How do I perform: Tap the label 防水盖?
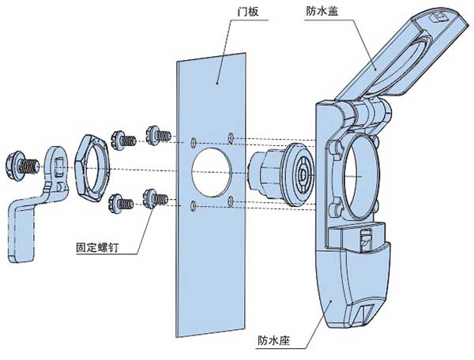pos(322,11)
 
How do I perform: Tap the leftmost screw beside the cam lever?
pos(24,163)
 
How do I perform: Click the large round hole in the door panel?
pos(213,169)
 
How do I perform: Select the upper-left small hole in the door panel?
pos(194,142)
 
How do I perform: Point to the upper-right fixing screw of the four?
pos(157,134)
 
